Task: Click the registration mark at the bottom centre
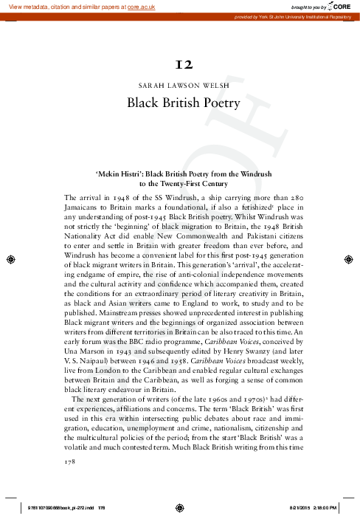(180, 507)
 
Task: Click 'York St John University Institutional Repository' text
(306, 16)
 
